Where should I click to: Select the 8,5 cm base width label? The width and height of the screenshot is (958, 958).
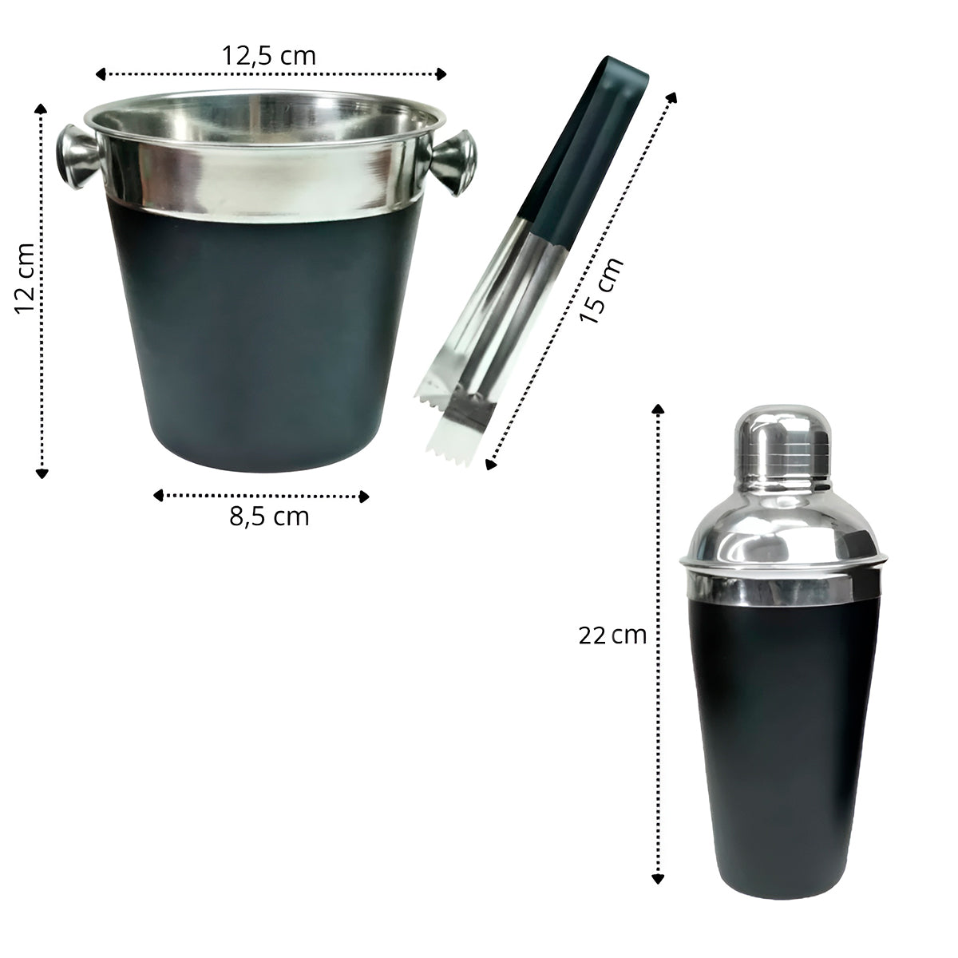pyautogui.click(x=268, y=517)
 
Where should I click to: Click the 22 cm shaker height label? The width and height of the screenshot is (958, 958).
pyautogui.click(x=612, y=635)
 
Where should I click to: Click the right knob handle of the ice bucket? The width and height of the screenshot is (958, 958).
pyautogui.click(x=455, y=163)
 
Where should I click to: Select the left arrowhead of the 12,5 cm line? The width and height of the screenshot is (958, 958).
pyautogui.click(x=100, y=74)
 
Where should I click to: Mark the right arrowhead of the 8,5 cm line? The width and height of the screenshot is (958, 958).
pyautogui.click(x=365, y=496)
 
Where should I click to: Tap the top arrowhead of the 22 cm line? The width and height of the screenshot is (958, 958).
pyautogui.click(x=657, y=410)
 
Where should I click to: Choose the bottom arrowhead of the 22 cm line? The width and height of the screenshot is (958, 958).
pyautogui.click(x=657, y=878)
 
